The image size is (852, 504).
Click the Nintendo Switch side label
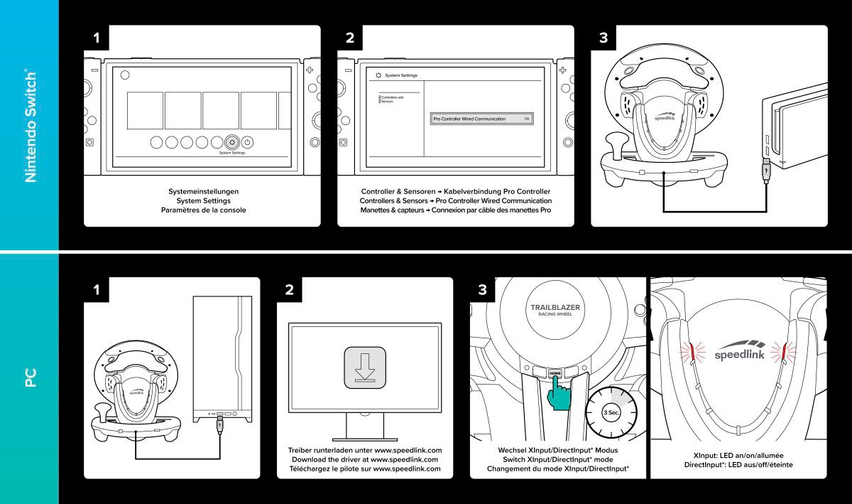tap(31, 126)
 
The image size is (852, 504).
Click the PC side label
tap(31, 379)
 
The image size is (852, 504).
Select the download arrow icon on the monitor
tap(366, 368)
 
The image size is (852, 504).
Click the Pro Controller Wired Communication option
tap(481, 119)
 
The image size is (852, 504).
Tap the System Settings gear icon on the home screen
tap(231, 141)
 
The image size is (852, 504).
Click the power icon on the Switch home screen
tap(248, 141)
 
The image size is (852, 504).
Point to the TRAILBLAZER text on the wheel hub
tap(555, 308)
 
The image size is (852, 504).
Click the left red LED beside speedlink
tap(689, 351)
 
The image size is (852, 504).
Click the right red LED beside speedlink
tap(784, 351)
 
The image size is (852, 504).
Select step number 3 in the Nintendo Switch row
tap(603, 38)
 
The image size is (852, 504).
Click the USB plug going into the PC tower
tap(219, 424)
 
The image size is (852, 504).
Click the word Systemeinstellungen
tap(202, 191)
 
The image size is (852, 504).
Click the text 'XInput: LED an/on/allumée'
tap(738, 454)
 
